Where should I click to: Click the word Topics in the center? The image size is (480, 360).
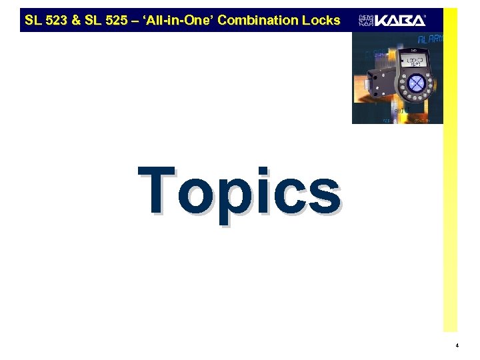(239, 191)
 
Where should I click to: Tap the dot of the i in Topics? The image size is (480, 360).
(265, 171)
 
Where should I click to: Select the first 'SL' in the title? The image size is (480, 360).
(33, 20)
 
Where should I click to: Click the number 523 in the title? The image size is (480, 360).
(55, 20)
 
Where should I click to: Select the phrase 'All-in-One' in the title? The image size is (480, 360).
(176, 20)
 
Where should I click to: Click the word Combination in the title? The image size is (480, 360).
(257, 20)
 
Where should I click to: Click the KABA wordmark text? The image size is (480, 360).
(399, 21)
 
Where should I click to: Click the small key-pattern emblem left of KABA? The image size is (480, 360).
(366, 21)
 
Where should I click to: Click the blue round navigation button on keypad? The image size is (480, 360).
(416, 83)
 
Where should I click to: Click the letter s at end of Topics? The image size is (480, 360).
(323, 193)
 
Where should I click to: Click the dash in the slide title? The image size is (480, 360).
(136, 20)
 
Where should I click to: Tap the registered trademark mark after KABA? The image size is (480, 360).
(427, 15)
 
